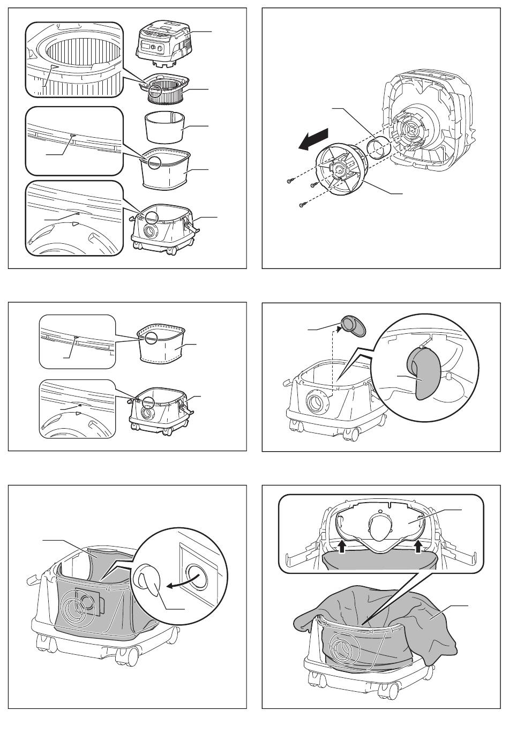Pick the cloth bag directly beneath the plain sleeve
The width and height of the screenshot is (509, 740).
(x=165, y=170)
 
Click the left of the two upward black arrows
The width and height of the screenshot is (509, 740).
(x=341, y=547)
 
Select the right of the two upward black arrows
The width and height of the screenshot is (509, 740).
(x=419, y=547)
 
